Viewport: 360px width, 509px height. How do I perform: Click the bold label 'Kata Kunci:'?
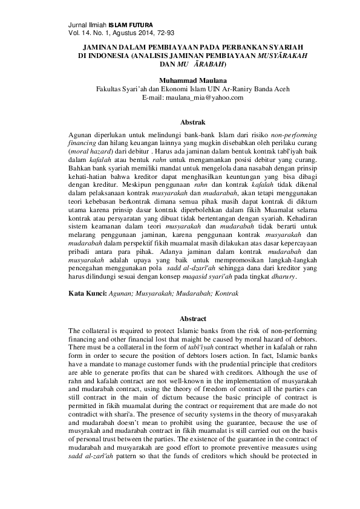(88, 292)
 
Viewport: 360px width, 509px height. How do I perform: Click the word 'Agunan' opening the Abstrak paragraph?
(81, 129)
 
